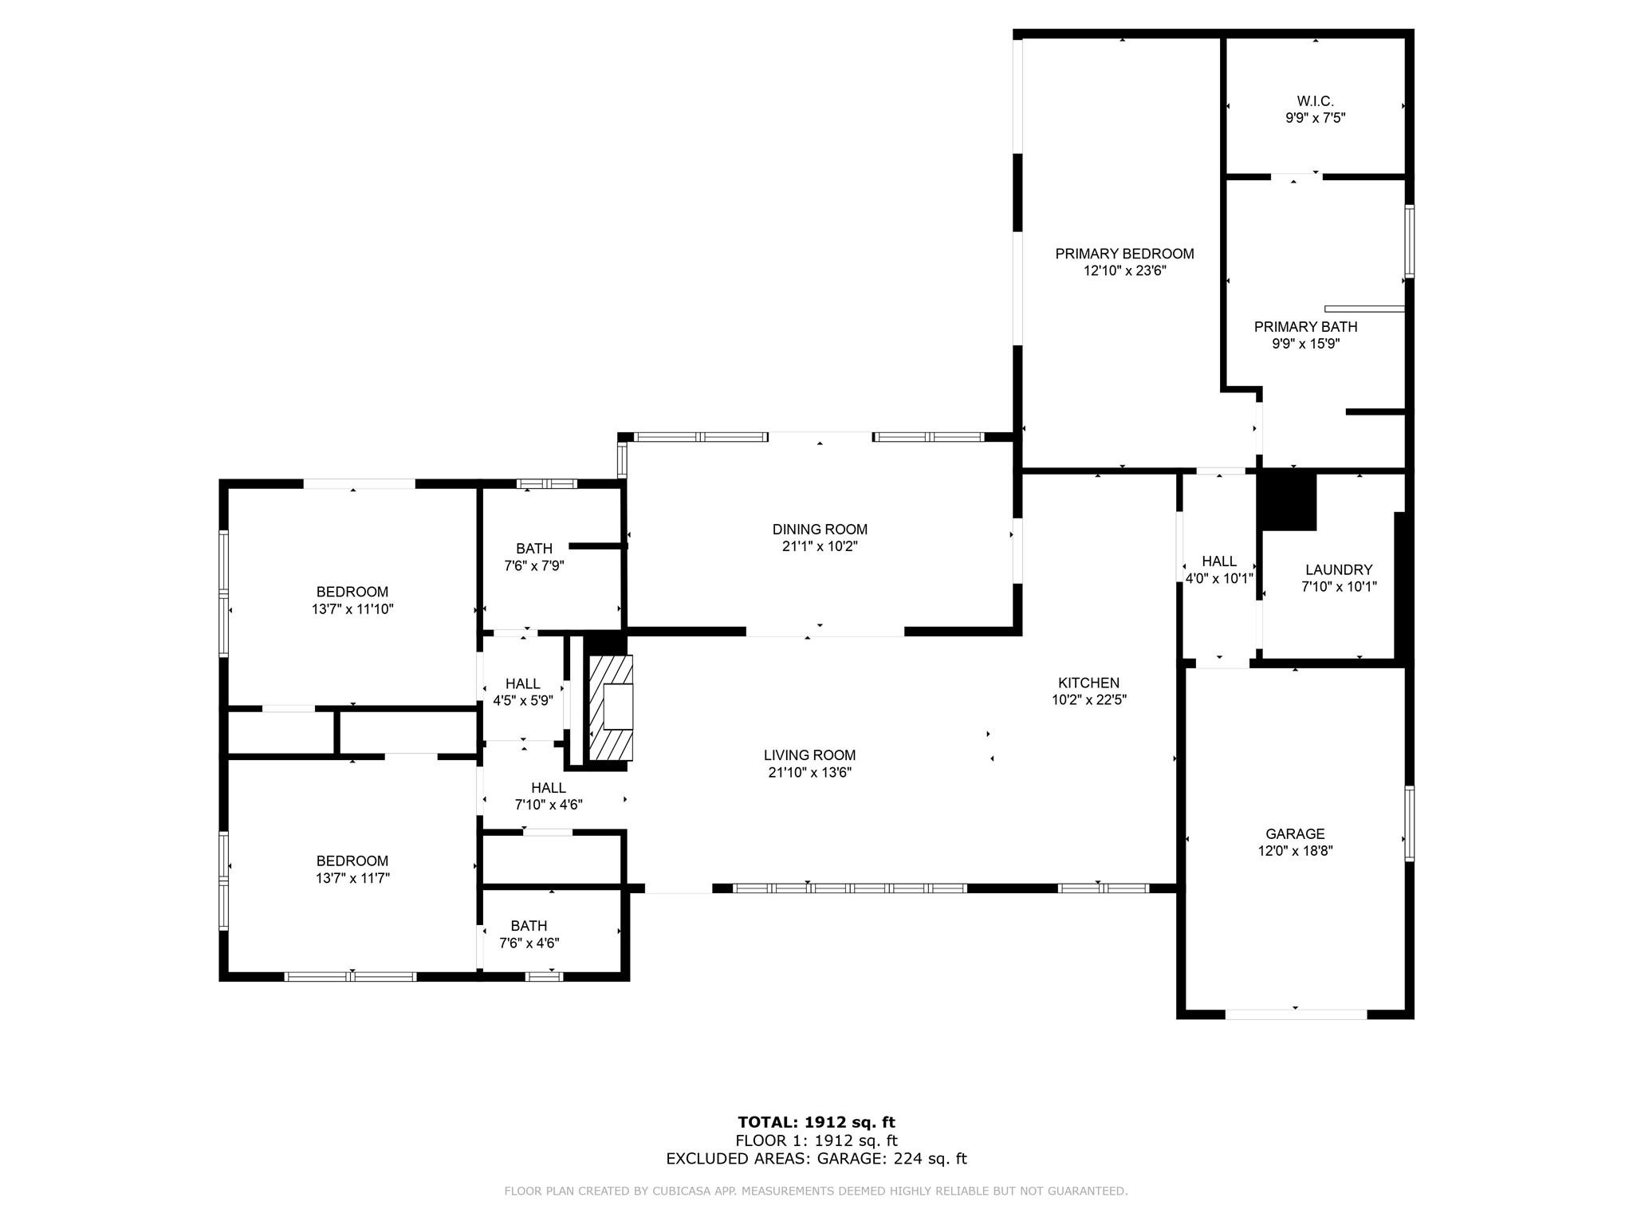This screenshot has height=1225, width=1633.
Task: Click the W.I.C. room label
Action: (x=1315, y=101)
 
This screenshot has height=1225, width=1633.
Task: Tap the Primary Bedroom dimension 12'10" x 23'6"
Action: (x=1124, y=271)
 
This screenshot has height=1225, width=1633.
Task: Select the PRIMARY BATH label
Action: (x=1305, y=327)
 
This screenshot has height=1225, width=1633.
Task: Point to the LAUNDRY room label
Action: (x=1339, y=570)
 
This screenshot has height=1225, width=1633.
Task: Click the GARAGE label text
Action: (x=1295, y=834)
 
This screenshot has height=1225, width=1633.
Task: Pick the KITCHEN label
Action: (x=1088, y=683)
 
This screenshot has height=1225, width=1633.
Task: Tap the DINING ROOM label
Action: (x=820, y=530)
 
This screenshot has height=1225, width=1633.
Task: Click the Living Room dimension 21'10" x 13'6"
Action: (x=810, y=773)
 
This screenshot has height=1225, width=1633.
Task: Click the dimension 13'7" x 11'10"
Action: (x=352, y=609)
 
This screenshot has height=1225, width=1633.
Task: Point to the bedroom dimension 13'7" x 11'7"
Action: (x=352, y=878)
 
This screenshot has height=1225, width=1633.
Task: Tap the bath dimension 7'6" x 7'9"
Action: (x=534, y=566)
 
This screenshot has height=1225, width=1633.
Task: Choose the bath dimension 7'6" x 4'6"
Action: (x=529, y=943)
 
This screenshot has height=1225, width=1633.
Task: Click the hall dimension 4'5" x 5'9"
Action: (x=523, y=701)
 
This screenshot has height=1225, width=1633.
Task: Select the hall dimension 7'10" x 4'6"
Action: (x=549, y=806)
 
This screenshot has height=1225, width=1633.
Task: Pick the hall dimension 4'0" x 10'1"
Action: (x=1219, y=579)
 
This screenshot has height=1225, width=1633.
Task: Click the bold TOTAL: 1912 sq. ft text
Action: (x=816, y=1123)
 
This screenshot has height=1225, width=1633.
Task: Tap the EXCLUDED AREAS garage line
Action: (x=816, y=1159)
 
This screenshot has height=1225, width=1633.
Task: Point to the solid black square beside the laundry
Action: (x=1288, y=501)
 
